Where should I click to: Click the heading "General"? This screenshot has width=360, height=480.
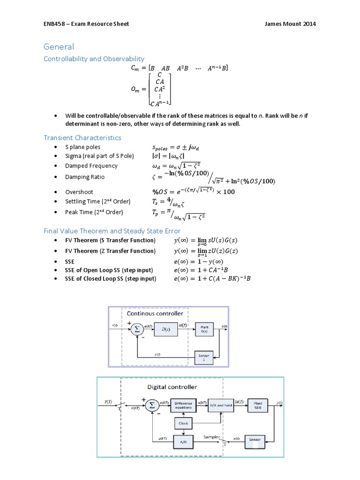59,47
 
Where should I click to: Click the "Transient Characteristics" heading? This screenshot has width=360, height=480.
82,137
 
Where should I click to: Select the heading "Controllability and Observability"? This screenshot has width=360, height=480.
94,59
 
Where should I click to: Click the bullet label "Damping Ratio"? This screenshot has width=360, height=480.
85,177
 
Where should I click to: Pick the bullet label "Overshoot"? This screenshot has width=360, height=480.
79,192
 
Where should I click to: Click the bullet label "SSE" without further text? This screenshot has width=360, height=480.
70,262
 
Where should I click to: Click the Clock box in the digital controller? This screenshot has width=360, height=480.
183,423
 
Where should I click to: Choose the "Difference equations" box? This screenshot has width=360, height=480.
183,405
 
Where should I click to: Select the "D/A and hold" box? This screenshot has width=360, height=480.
220,405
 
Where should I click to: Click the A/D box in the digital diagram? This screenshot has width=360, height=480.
183,442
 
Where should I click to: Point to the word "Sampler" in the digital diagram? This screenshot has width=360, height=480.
211,437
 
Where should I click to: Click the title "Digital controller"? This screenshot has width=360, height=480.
172,387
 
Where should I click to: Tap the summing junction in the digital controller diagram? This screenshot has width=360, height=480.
151,405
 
